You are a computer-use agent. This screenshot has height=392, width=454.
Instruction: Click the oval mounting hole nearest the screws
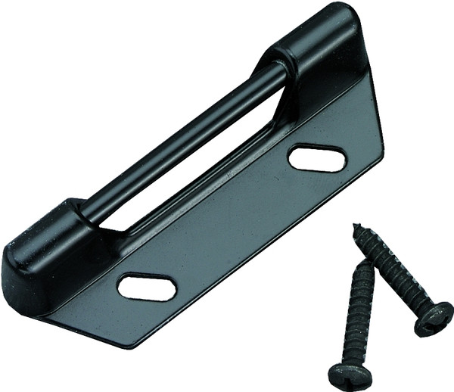click(317, 158)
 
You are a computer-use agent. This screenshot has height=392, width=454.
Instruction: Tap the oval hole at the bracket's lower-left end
click(147, 287)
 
